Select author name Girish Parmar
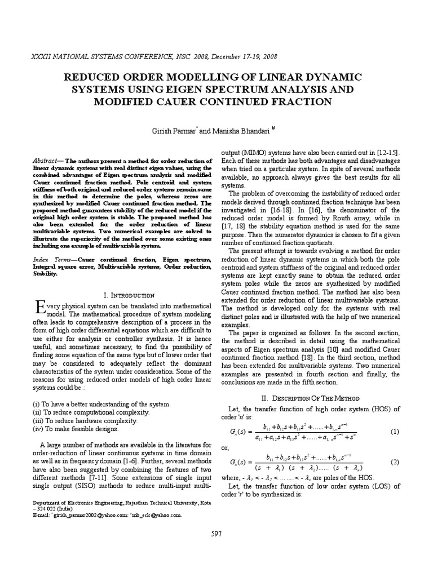click(170, 131)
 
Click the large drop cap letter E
click(39, 308)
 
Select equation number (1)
click(394, 431)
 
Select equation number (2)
click(394, 462)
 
